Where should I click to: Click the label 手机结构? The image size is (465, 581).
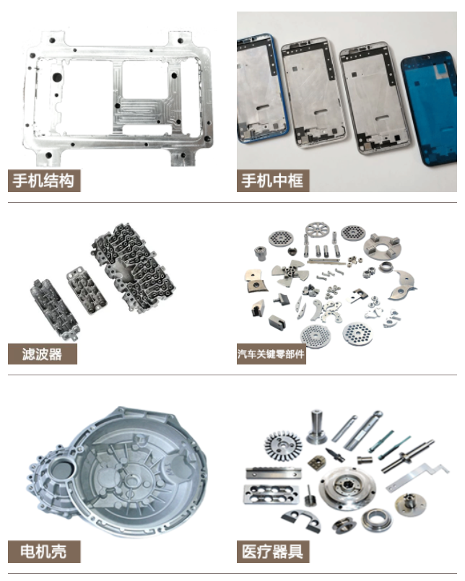[x=44, y=180]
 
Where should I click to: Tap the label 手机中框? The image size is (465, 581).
[x=272, y=180]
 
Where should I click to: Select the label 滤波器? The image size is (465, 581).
[x=42, y=354]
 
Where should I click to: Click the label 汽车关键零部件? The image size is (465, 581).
[x=271, y=354]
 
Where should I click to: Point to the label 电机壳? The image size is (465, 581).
[x=43, y=551]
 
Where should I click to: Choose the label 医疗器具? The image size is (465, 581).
[x=272, y=551]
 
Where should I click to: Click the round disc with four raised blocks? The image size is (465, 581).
[x=382, y=246]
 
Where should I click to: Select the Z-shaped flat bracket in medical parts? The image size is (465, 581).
[x=417, y=477]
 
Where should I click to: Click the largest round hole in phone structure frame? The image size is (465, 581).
[x=57, y=77]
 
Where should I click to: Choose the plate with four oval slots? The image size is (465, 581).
[x=271, y=494]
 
